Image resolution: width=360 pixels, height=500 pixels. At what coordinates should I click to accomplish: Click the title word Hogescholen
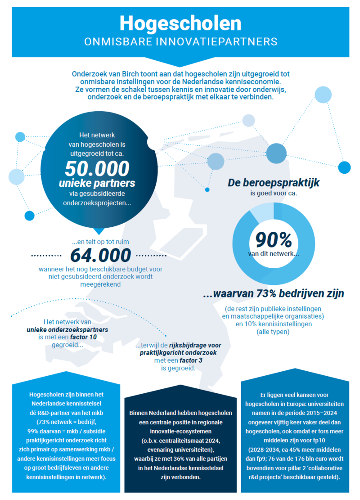click(180, 23)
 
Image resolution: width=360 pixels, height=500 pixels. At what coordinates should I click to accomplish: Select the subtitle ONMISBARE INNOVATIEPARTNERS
click(180, 42)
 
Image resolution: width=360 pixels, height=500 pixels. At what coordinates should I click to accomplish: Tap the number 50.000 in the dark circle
click(97, 168)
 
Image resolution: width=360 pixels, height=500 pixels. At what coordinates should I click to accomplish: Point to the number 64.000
click(101, 255)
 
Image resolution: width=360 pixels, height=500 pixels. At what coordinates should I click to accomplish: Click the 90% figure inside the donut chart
click(274, 240)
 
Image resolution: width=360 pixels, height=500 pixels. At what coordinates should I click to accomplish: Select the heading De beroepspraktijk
click(274, 183)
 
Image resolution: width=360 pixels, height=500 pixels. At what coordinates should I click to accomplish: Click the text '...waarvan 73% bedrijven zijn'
click(274, 294)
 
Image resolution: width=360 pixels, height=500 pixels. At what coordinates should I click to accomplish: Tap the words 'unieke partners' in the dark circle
click(97, 184)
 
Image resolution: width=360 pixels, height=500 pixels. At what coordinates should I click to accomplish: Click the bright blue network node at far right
click(344, 167)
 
